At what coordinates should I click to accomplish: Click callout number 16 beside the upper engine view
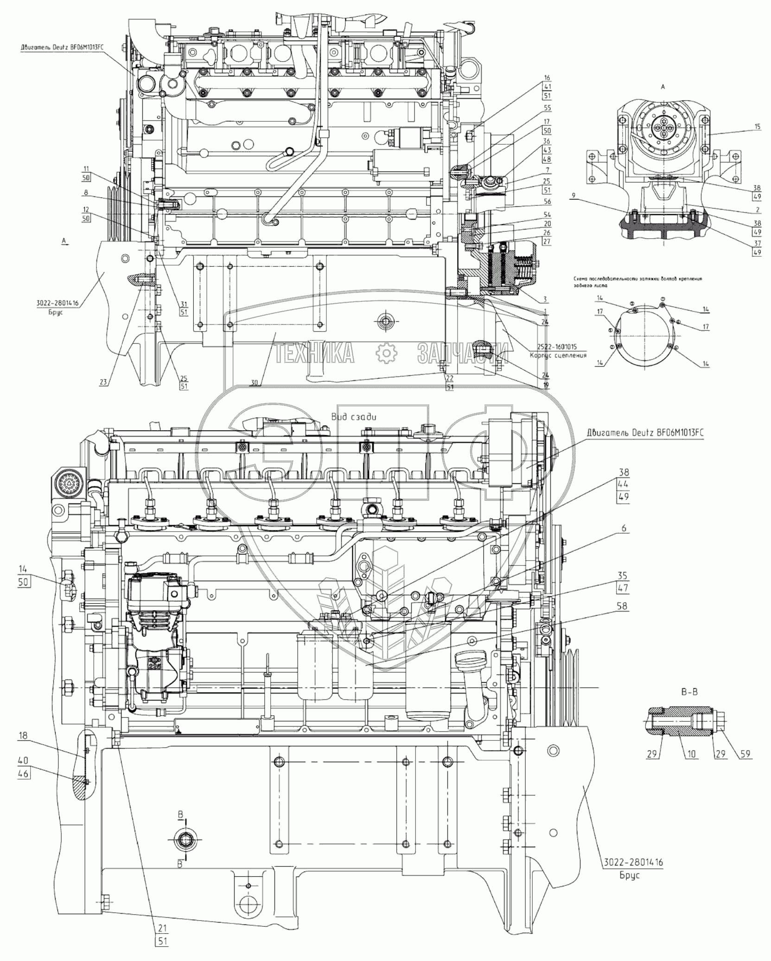[x=547, y=78]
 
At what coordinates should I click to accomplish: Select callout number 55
[x=547, y=108]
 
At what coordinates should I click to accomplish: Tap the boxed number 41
[x=547, y=87]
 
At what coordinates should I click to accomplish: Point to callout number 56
[x=547, y=202]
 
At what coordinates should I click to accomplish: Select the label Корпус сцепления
[x=558, y=356]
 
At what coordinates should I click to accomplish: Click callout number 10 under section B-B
[x=691, y=754]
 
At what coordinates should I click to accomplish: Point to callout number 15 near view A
[x=758, y=127]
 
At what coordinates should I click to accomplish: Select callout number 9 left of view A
[x=574, y=196]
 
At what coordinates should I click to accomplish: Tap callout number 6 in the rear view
[x=624, y=528]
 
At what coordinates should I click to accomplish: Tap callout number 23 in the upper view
[x=104, y=383]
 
